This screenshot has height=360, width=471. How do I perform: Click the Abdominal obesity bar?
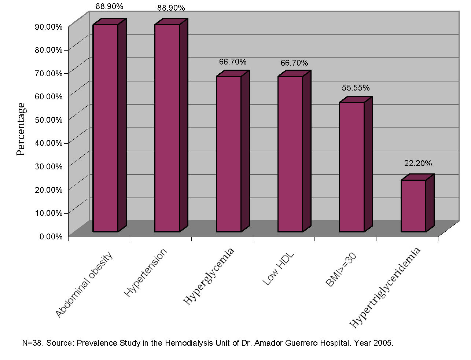106,128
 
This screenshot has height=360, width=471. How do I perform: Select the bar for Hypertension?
167,128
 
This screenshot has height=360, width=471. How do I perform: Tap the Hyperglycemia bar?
229,154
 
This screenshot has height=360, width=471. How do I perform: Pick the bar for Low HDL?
290,154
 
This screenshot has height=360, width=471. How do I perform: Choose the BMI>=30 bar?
352,167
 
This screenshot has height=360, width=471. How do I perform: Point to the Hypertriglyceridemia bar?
413,206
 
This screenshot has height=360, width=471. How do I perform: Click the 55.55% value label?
356,88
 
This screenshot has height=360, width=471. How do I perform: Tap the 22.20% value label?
418,164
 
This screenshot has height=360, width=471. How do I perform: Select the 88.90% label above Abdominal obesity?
110,7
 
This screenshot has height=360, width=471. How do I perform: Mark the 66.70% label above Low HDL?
294,63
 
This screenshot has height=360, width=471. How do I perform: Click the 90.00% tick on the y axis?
49,27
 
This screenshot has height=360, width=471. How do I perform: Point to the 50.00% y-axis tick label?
49,120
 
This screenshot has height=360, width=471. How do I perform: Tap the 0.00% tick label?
51,236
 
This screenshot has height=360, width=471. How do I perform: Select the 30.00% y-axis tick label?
49,166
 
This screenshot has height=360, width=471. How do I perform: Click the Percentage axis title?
21,129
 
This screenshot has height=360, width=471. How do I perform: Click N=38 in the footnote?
32,344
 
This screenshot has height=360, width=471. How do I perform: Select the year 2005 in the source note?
383,344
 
